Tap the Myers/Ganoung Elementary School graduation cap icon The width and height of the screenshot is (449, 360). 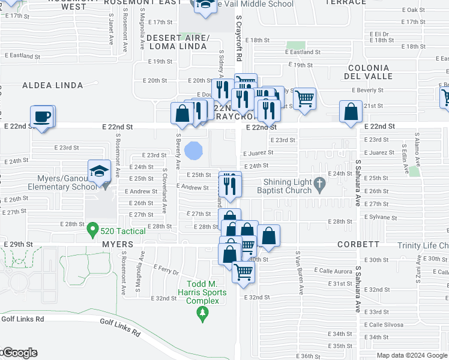tap(98, 172)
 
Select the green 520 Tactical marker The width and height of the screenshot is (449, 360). tap(92, 229)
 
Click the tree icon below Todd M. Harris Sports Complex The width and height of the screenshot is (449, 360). tap(203, 312)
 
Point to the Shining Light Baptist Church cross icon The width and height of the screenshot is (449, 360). tap(321, 182)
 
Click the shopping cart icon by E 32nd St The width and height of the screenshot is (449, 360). tap(243, 272)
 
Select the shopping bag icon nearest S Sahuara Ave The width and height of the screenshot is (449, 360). tap(350, 113)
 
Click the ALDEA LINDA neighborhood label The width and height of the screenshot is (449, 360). tap(53, 86)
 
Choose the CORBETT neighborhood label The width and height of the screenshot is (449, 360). tap(358, 245)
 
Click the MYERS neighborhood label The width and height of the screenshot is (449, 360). tap(116, 245)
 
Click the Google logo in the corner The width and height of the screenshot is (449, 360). tap(19, 353)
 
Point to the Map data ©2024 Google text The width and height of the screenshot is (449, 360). tap(412, 355)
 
